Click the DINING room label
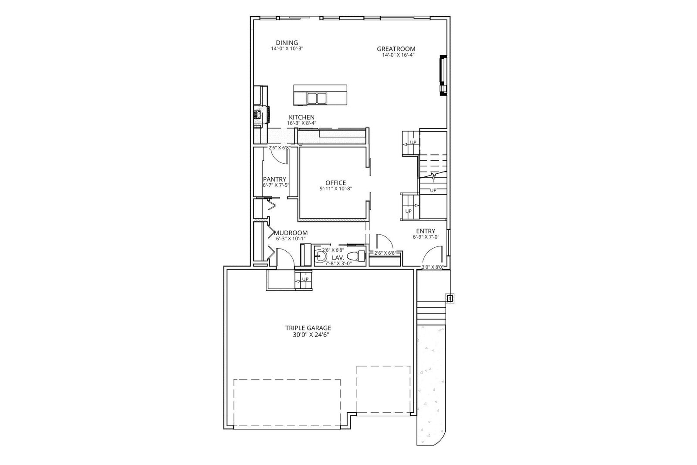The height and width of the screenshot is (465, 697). tap(287, 43)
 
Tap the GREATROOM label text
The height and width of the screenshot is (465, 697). tap(396, 49)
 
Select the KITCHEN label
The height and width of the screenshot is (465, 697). tap(301, 117)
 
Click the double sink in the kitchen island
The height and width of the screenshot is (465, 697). tap(316, 98)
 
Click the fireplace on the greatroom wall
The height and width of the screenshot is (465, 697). tap(443, 76)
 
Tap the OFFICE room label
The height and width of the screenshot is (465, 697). tap(336, 183)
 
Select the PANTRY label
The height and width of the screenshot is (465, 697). tap(274, 179)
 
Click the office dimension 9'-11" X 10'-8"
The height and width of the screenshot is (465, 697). tap(336, 189)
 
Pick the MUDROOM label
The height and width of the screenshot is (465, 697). tap(291, 232)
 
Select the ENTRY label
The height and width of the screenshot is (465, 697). tap(426, 231)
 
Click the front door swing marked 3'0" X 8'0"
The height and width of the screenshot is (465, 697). tap(434, 250)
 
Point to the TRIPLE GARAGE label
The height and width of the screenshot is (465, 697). tap(308, 328)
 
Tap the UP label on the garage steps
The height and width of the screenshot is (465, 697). tap(305, 280)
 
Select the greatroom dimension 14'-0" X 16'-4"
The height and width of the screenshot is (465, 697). tap(399, 55)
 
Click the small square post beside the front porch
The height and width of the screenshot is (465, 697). tap(449, 298)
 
